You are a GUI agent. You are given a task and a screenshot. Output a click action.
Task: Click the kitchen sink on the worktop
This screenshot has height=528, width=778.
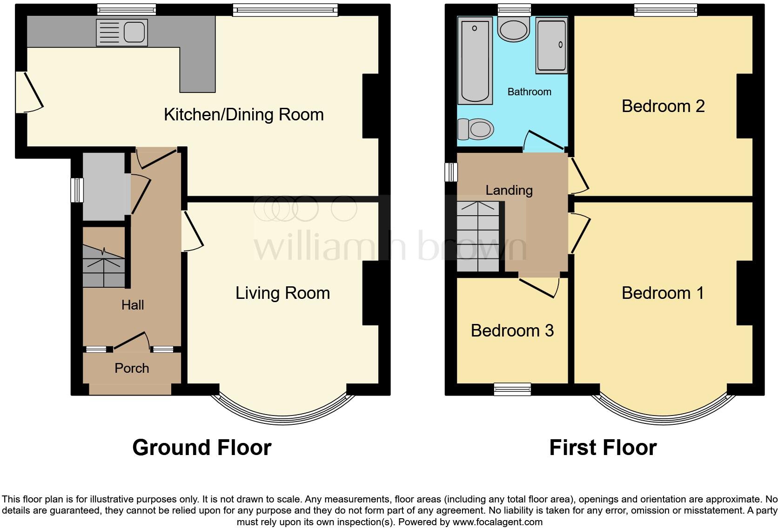[122, 33]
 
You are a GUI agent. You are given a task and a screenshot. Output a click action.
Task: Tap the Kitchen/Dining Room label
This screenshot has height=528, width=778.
[243, 115]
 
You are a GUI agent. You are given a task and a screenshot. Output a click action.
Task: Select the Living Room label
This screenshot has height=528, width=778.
[282, 293]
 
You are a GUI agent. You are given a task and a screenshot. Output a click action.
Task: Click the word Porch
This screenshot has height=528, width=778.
[132, 368]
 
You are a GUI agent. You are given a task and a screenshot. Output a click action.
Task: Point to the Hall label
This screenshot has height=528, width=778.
[133, 305]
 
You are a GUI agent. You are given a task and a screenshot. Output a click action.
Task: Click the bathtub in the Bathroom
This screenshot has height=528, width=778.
[475, 60]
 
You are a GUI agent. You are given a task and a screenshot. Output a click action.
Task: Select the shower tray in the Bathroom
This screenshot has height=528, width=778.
[551, 46]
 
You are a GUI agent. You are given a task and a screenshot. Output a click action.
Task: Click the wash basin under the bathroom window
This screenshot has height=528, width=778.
[514, 29]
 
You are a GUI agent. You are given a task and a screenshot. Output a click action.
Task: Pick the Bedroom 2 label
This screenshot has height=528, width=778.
[663, 106]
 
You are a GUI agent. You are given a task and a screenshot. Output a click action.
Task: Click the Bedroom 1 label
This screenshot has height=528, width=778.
[663, 293]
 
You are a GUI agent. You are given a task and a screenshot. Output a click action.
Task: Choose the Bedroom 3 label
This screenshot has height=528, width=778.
[512, 330]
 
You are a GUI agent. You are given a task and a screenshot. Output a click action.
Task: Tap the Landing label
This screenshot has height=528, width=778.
[509, 190]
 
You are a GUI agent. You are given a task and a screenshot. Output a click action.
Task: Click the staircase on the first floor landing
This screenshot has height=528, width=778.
[478, 237]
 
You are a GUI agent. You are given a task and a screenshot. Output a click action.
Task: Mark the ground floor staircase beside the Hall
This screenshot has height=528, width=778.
[104, 266]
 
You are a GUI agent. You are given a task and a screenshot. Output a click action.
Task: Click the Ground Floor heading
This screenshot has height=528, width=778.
[201, 448]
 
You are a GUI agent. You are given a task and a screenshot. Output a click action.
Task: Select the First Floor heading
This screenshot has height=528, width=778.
[603, 448]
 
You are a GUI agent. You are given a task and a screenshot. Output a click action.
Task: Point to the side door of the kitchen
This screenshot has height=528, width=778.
[28, 92]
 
